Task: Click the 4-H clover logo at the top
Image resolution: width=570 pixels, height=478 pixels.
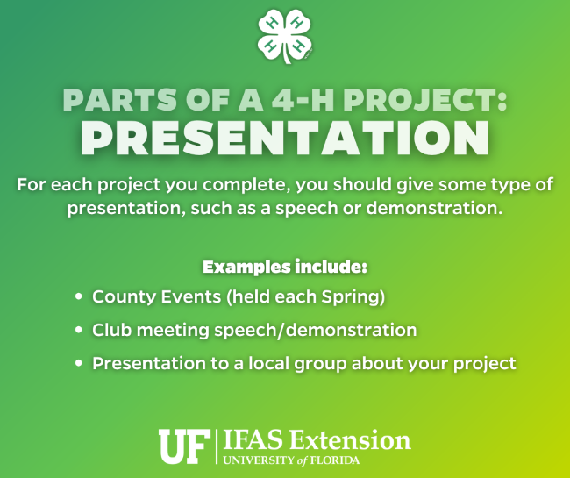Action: pos(284,38)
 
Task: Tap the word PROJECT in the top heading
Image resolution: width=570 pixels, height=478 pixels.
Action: pos(419,100)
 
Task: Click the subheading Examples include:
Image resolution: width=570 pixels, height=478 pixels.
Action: pos(284,266)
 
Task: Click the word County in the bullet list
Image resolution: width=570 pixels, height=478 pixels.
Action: pos(119,297)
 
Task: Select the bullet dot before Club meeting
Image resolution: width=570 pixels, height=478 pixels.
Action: pos(80,331)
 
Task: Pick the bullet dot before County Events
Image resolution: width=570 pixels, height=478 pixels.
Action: pos(80,297)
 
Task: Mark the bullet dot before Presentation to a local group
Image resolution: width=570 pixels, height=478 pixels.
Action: pos(80,363)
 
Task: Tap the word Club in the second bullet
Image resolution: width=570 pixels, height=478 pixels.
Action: pos(110,331)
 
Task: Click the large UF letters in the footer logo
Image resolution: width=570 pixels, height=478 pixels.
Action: pos(183,446)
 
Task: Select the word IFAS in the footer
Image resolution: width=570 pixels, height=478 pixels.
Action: pos(253,440)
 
